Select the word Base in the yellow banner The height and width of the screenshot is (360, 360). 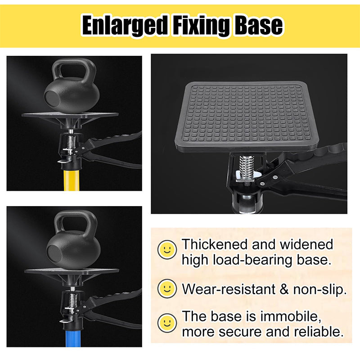[258, 26]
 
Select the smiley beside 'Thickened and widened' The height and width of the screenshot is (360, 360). [167, 248]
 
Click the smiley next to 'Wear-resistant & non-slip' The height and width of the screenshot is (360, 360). [167, 287]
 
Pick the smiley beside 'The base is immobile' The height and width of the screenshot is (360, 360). [167, 322]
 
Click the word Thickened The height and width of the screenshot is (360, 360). [215, 244]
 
